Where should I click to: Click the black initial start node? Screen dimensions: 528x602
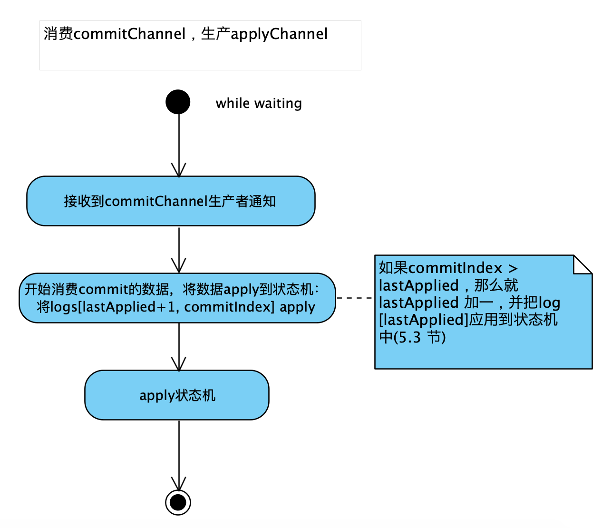tap(178, 102)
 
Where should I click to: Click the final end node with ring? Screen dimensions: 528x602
tap(178, 502)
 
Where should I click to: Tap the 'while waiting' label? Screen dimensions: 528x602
tap(258, 103)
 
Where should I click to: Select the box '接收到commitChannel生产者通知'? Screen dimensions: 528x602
tap(171, 201)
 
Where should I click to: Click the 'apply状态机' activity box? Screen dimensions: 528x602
tap(177, 395)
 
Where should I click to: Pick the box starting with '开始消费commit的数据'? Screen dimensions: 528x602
tap(177, 298)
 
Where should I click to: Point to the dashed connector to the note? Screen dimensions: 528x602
tap(355, 298)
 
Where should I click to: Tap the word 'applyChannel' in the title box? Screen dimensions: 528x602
tap(279, 34)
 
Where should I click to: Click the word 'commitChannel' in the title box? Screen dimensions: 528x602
tap(129, 34)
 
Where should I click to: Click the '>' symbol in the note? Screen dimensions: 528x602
tap(513, 268)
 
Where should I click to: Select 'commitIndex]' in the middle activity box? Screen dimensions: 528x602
tap(229, 307)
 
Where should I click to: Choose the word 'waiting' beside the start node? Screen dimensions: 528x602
tap(278, 103)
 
